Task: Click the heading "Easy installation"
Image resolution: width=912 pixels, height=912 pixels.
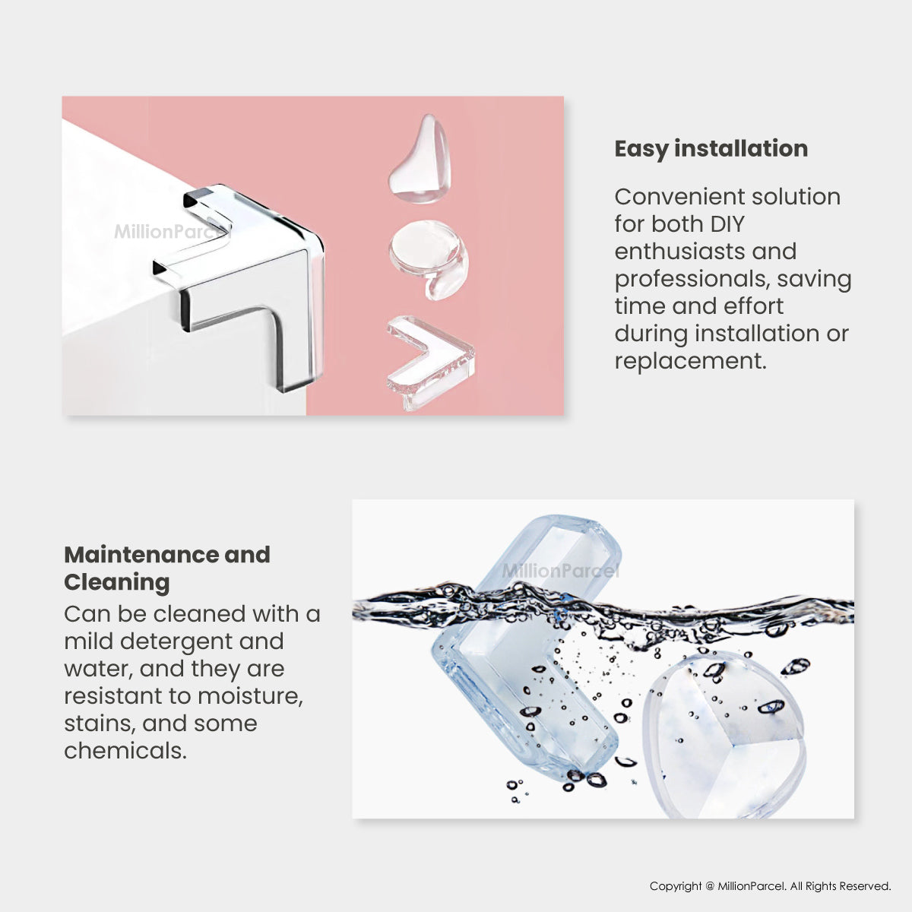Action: pos(711,149)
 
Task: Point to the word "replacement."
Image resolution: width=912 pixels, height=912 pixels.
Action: pos(690,362)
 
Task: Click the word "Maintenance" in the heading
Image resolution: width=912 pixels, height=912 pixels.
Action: pos(141,555)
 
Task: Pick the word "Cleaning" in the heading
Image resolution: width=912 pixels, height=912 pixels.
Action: pos(117,583)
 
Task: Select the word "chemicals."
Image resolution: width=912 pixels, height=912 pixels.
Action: pos(125,751)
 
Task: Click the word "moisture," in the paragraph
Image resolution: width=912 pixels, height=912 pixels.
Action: pos(250,697)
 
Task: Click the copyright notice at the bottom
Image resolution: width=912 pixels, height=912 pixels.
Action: pos(770,886)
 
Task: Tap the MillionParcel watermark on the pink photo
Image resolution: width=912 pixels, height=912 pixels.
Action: pos(171,232)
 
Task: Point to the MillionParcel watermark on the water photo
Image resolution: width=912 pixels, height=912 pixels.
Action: pos(560,572)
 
